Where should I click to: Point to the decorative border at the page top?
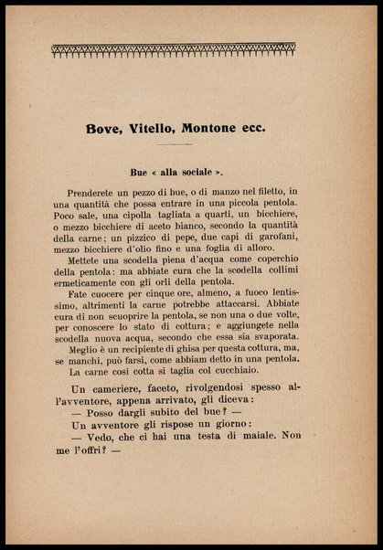pyautogui.click(x=191, y=48)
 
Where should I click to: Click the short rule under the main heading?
pyautogui.click(x=192, y=145)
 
